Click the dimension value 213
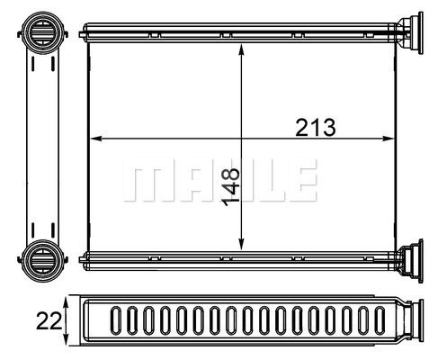pyautogui.click(x=316, y=128)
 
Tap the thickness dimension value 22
pyautogui.click(x=49, y=320)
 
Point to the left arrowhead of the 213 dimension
pyautogui.click(x=96, y=139)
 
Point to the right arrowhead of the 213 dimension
pyautogui.click(x=387, y=139)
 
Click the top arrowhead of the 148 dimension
pyautogui.click(x=241, y=49)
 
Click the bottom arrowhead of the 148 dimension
pyautogui.click(x=241, y=244)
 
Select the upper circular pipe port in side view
pyautogui.click(x=43, y=32)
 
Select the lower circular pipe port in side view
pyautogui.click(x=43, y=260)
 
